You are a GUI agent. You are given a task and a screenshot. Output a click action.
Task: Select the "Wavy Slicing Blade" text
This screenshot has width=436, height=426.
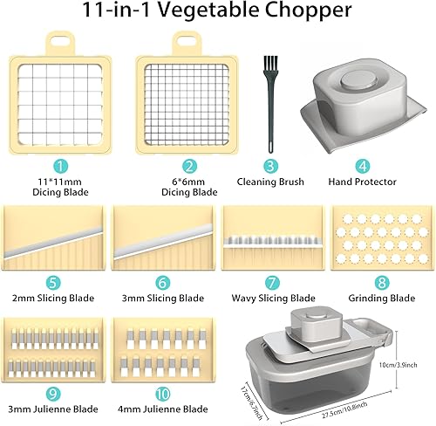pyautogui.click(x=271, y=299)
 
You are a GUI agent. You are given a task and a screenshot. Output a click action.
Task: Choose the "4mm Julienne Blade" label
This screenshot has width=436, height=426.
pyautogui.click(x=164, y=409)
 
